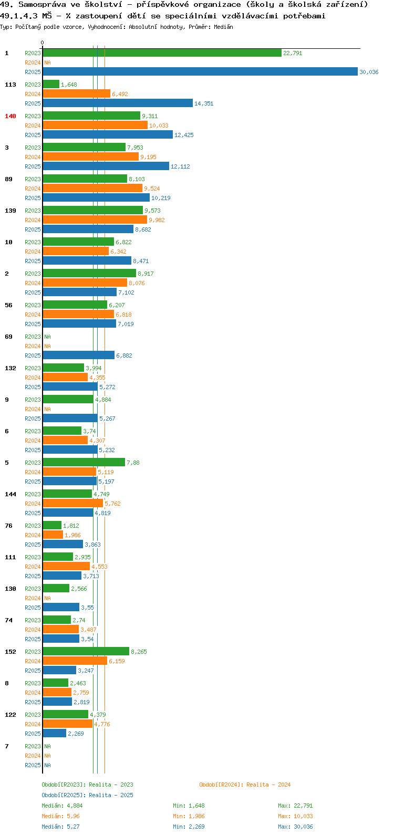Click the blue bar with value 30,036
(200, 71)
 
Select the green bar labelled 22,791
(162, 53)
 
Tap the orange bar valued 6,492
(77, 94)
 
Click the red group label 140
(11, 116)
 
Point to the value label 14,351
(204, 103)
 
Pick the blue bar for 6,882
(78, 356)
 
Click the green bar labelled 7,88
(84, 463)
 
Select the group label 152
(11, 652)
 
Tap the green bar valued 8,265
(86, 652)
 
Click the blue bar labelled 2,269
(55, 734)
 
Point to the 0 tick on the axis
(42, 43)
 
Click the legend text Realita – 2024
(268, 785)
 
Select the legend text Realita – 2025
(111, 795)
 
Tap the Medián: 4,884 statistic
(62, 806)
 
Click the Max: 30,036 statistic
(295, 827)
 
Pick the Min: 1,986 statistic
(189, 816)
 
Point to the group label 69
(8, 337)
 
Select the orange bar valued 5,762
(73, 504)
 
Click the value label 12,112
(180, 166)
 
